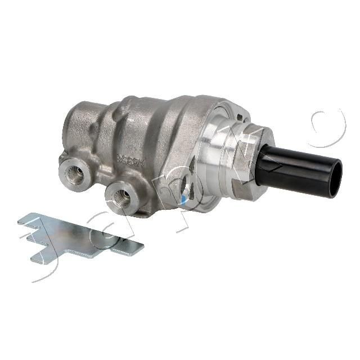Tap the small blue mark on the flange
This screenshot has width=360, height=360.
tap(185, 198)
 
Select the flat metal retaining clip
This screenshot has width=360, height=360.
tap(79, 236)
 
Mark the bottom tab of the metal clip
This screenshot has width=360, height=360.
tap(42, 256)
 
